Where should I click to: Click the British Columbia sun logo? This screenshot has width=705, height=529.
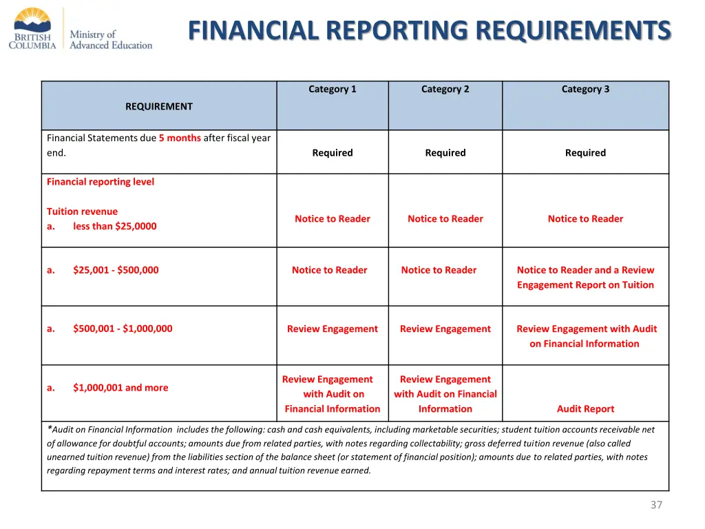click(32, 19)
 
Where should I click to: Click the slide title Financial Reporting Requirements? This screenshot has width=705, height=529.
click(429, 30)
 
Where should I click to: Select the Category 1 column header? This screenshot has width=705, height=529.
click(333, 89)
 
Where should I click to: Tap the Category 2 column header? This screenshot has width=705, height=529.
click(445, 89)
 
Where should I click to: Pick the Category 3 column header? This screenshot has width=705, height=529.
click(585, 89)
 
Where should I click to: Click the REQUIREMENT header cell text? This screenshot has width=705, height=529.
click(159, 106)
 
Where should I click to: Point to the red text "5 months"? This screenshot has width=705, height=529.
click(180, 138)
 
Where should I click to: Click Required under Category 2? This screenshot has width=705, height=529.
click(445, 153)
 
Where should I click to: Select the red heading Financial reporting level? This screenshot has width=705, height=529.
click(101, 182)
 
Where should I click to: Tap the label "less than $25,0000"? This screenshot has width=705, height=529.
click(114, 226)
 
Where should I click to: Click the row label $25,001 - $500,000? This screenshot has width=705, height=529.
click(116, 270)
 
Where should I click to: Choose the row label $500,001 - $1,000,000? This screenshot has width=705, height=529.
click(123, 329)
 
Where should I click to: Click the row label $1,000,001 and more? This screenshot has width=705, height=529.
click(120, 388)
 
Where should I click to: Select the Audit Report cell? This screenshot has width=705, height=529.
click(585, 408)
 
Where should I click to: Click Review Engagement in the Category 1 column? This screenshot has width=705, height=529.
click(333, 329)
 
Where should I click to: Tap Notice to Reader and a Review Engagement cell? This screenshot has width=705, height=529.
click(585, 278)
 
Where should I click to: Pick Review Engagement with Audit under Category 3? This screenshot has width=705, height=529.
click(586, 336)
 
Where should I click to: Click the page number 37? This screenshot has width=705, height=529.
click(656, 505)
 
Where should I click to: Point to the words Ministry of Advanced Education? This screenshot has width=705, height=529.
click(111, 39)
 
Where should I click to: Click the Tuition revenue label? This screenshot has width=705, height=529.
click(82, 211)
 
